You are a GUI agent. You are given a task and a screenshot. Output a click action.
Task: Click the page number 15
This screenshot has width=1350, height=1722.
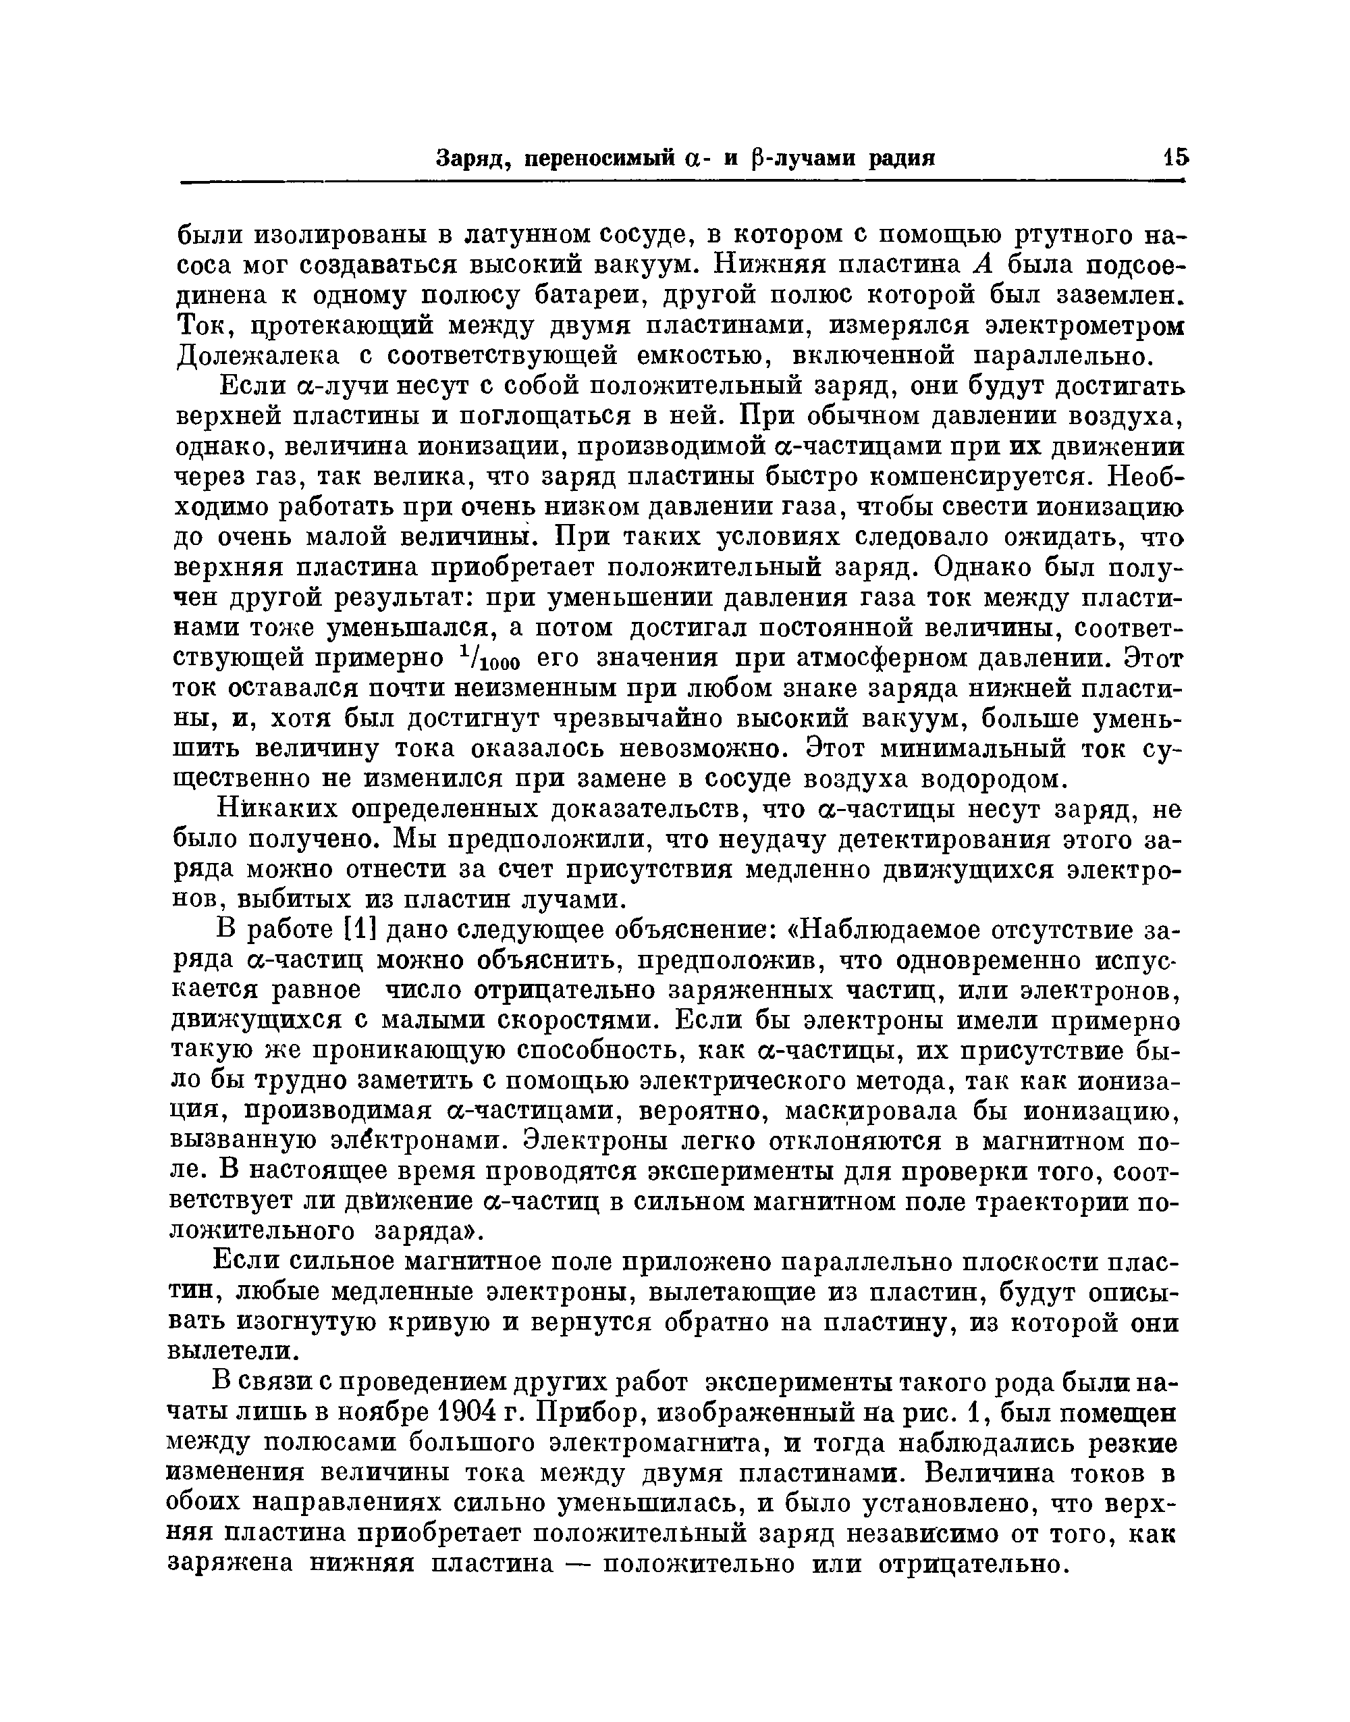click(x=1174, y=157)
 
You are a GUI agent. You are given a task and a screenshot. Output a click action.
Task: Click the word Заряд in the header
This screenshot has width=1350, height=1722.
click(x=466, y=159)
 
